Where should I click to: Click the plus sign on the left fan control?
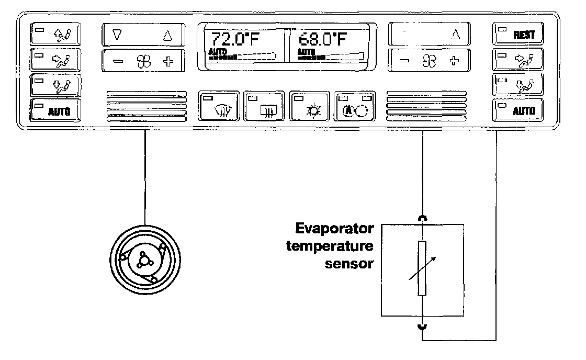[x=168, y=61]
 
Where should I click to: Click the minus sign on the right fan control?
[x=404, y=61]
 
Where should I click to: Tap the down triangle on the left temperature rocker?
[x=117, y=36]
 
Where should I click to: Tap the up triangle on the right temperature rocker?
[x=455, y=36]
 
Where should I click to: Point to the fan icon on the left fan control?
[x=143, y=61]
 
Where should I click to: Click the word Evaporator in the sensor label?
[x=334, y=229]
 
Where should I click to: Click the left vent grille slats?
[x=146, y=106]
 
